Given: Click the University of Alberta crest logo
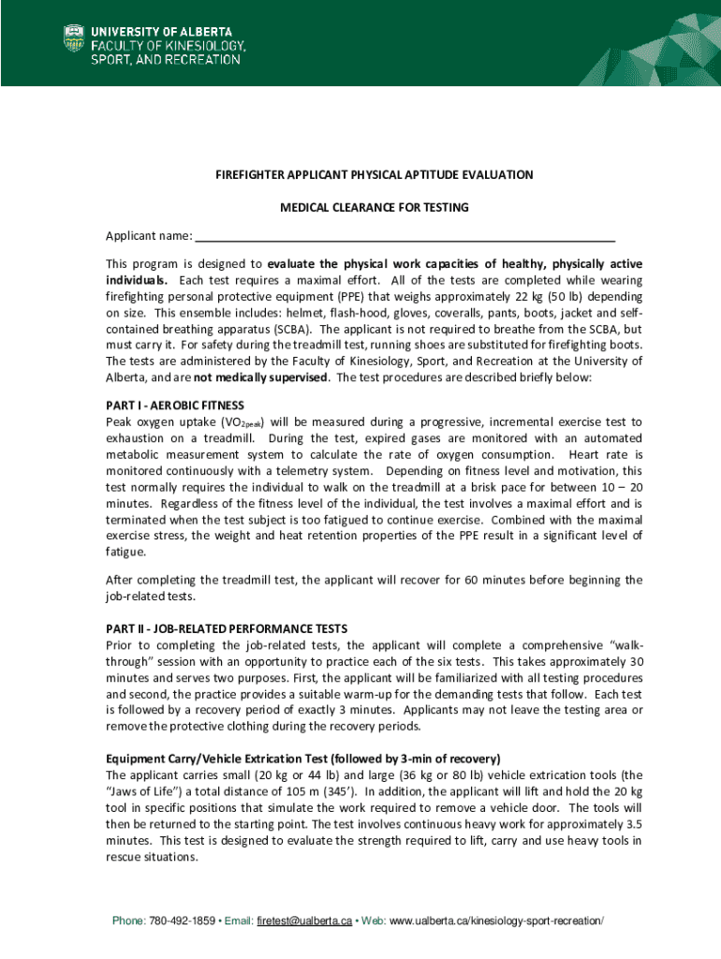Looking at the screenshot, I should point(72,39).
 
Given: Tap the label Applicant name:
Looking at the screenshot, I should point(149,235).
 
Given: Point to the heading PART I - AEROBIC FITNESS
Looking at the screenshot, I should point(175,406).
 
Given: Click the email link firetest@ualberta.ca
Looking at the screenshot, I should point(304,922).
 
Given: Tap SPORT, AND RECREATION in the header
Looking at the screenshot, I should point(165,59).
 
